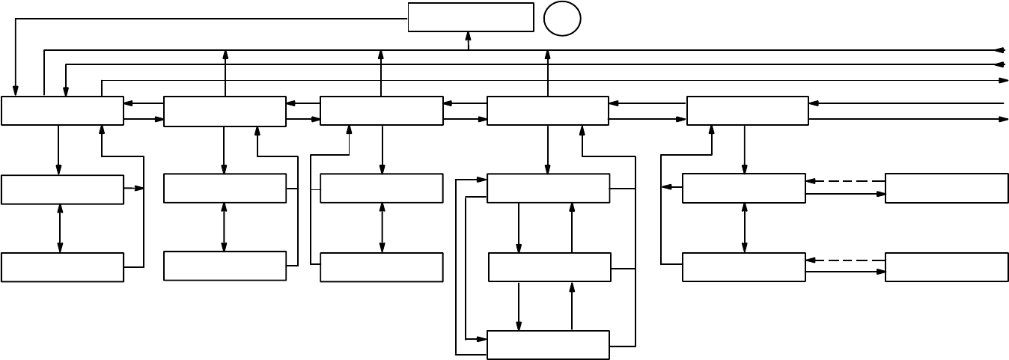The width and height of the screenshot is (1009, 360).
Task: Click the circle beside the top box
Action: [x=562, y=19]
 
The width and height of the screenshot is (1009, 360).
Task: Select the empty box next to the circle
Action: [x=470, y=17]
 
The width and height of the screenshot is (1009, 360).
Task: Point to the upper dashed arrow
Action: [x=845, y=181]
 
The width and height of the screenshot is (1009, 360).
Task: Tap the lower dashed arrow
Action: [x=845, y=260]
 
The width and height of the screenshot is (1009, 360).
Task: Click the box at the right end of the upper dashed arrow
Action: [x=946, y=188]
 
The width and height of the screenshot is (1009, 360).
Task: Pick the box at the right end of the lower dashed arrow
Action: [x=946, y=267]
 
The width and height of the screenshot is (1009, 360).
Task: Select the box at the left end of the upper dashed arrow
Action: [x=743, y=188]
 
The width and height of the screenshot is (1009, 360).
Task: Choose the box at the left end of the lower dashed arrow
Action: [x=743, y=267]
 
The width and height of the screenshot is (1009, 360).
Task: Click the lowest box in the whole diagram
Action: [x=548, y=345]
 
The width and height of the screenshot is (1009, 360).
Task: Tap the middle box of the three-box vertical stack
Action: [x=549, y=267]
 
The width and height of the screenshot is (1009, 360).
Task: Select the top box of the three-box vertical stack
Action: [x=548, y=188]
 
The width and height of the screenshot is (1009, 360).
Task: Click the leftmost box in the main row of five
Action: [x=62, y=111]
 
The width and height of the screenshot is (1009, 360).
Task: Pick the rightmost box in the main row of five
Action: [x=747, y=111]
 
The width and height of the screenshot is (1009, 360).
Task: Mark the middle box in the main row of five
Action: [x=381, y=111]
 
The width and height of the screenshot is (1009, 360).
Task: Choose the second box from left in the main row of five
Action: [x=225, y=111]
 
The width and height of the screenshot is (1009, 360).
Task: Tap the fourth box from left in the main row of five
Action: [x=547, y=111]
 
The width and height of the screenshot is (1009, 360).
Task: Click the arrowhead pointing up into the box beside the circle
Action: [x=469, y=36]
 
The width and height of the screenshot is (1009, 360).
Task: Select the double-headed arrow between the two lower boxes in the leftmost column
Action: [x=60, y=228]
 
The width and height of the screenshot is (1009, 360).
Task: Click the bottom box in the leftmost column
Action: [x=62, y=267]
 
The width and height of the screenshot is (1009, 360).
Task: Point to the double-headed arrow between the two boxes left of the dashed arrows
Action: [x=744, y=228]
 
